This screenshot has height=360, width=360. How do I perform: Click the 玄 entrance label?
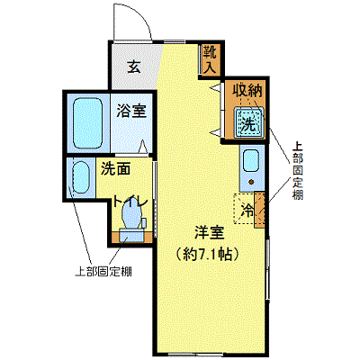pyautogui.click(x=134, y=67)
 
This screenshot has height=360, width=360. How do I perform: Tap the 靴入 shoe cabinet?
pyautogui.click(x=211, y=59)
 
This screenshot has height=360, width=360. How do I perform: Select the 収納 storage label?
pyautogui.click(x=248, y=90)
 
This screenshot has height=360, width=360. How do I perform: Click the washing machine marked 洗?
pyautogui.click(x=249, y=122)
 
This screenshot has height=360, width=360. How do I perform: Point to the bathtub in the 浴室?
pyautogui.click(x=88, y=123)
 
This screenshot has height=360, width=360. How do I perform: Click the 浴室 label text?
pyautogui.click(x=131, y=111)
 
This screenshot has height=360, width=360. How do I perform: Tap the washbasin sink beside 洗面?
pyautogui.click(x=81, y=177)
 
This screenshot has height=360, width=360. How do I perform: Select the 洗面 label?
pyautogui.click(x=115, y=168)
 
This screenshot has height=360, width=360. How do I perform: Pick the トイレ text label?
pyautogui.click(x=130, y=202)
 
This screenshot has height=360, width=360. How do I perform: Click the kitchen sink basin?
pyautogui.click(x=250, y=161)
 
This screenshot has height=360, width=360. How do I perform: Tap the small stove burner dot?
pyautogui.click(x=251, y=182)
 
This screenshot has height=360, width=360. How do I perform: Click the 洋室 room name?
pyautogui.click(x=210, y=233)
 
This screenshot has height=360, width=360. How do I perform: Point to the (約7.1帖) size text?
pyautogui.click(x=208, y=255)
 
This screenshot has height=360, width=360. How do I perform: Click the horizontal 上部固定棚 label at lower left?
pyautogui.click(x=103, y=272)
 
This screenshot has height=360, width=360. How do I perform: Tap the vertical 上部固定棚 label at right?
pyautogui.click(x=297, y=171)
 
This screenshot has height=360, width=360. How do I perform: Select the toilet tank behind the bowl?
pyautogui.click(x=131, y=235)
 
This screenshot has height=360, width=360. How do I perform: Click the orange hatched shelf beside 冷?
pyautogui.click(x=259, y=210)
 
